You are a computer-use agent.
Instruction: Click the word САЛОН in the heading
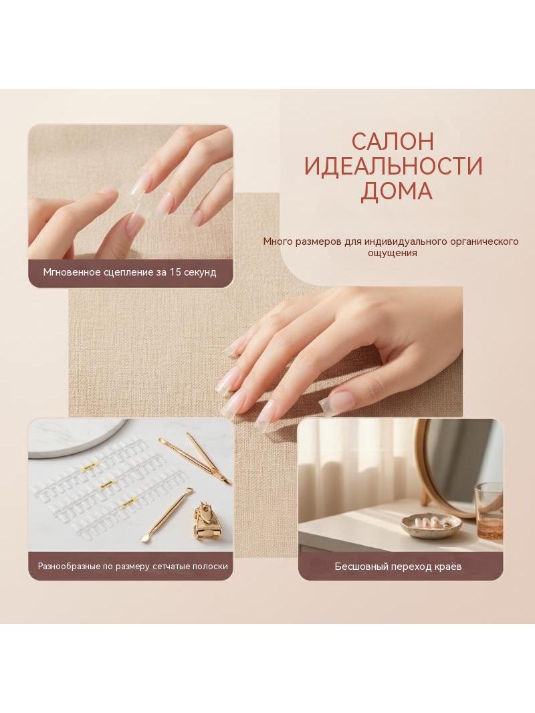point(393,142)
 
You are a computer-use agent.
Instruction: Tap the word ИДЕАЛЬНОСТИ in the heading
point(393,167)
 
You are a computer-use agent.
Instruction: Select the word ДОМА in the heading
point(396,192)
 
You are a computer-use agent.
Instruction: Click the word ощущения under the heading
point(392,253)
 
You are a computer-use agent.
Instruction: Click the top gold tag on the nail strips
point(90,466)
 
